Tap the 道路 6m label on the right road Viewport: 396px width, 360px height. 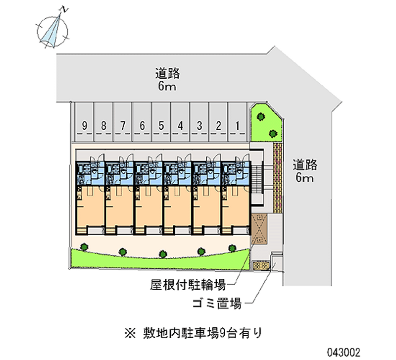point(304,170)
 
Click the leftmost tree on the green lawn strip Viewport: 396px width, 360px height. point(85,246)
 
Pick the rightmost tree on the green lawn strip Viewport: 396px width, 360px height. point(231,246)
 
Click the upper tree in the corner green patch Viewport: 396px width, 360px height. point(260,117)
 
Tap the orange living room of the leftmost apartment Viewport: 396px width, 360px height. point(90,206)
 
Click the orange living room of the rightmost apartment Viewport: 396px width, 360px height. point(236,206)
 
